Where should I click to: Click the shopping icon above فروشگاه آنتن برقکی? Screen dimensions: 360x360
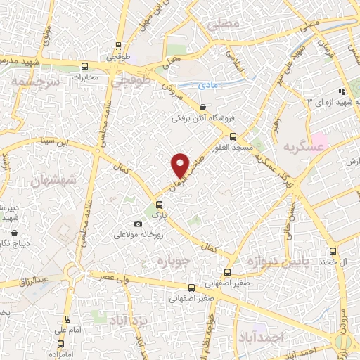pos(203,107)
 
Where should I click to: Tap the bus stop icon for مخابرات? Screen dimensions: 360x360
pos(84,67)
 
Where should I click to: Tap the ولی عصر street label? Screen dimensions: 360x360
pos(111,278)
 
